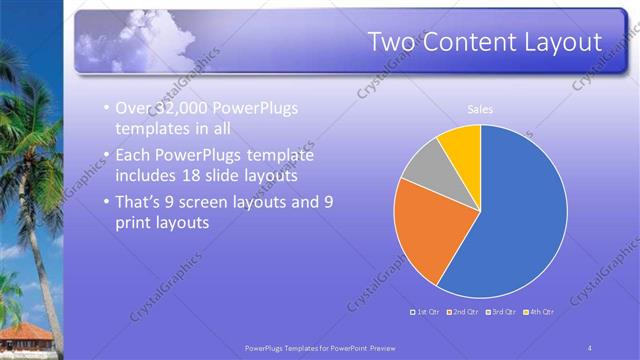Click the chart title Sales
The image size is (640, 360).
[x=480, y=109]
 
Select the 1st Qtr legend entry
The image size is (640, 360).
[x=428, y=312]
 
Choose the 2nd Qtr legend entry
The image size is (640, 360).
[x=465, y=312]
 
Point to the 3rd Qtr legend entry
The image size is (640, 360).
[x=502, y=312]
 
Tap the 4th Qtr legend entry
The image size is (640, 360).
[x=539, y=312]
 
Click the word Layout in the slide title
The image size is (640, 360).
[x=558, y=42]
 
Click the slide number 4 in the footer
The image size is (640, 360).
[x=590, y=346]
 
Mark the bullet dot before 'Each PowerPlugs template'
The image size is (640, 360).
[x=106, y=157]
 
